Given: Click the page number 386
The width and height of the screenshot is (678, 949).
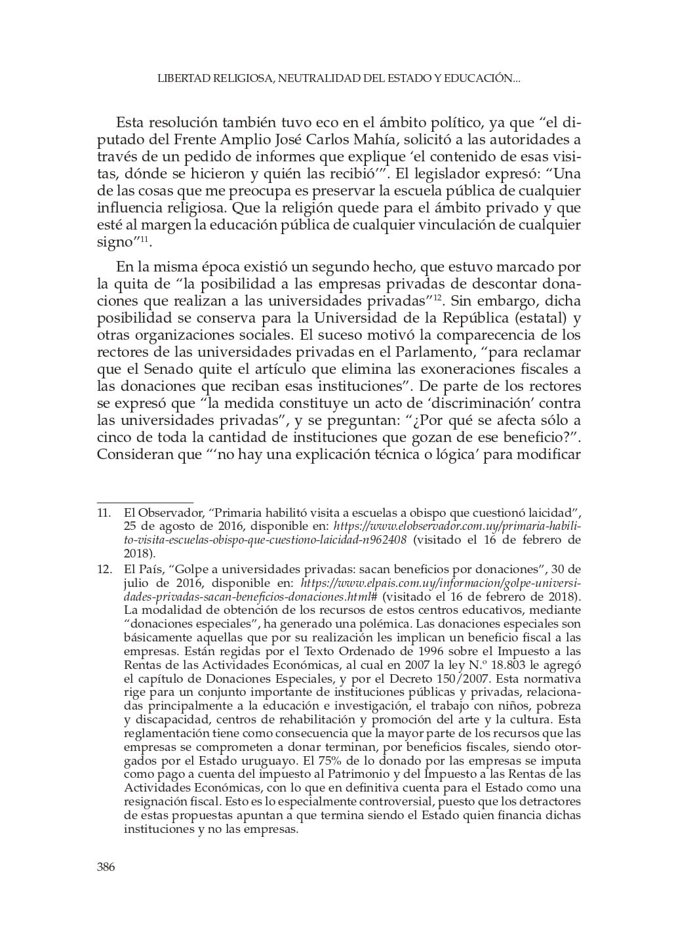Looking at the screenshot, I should coord(106,867).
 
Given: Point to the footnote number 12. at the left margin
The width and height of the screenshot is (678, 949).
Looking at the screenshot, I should coord(104,569).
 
